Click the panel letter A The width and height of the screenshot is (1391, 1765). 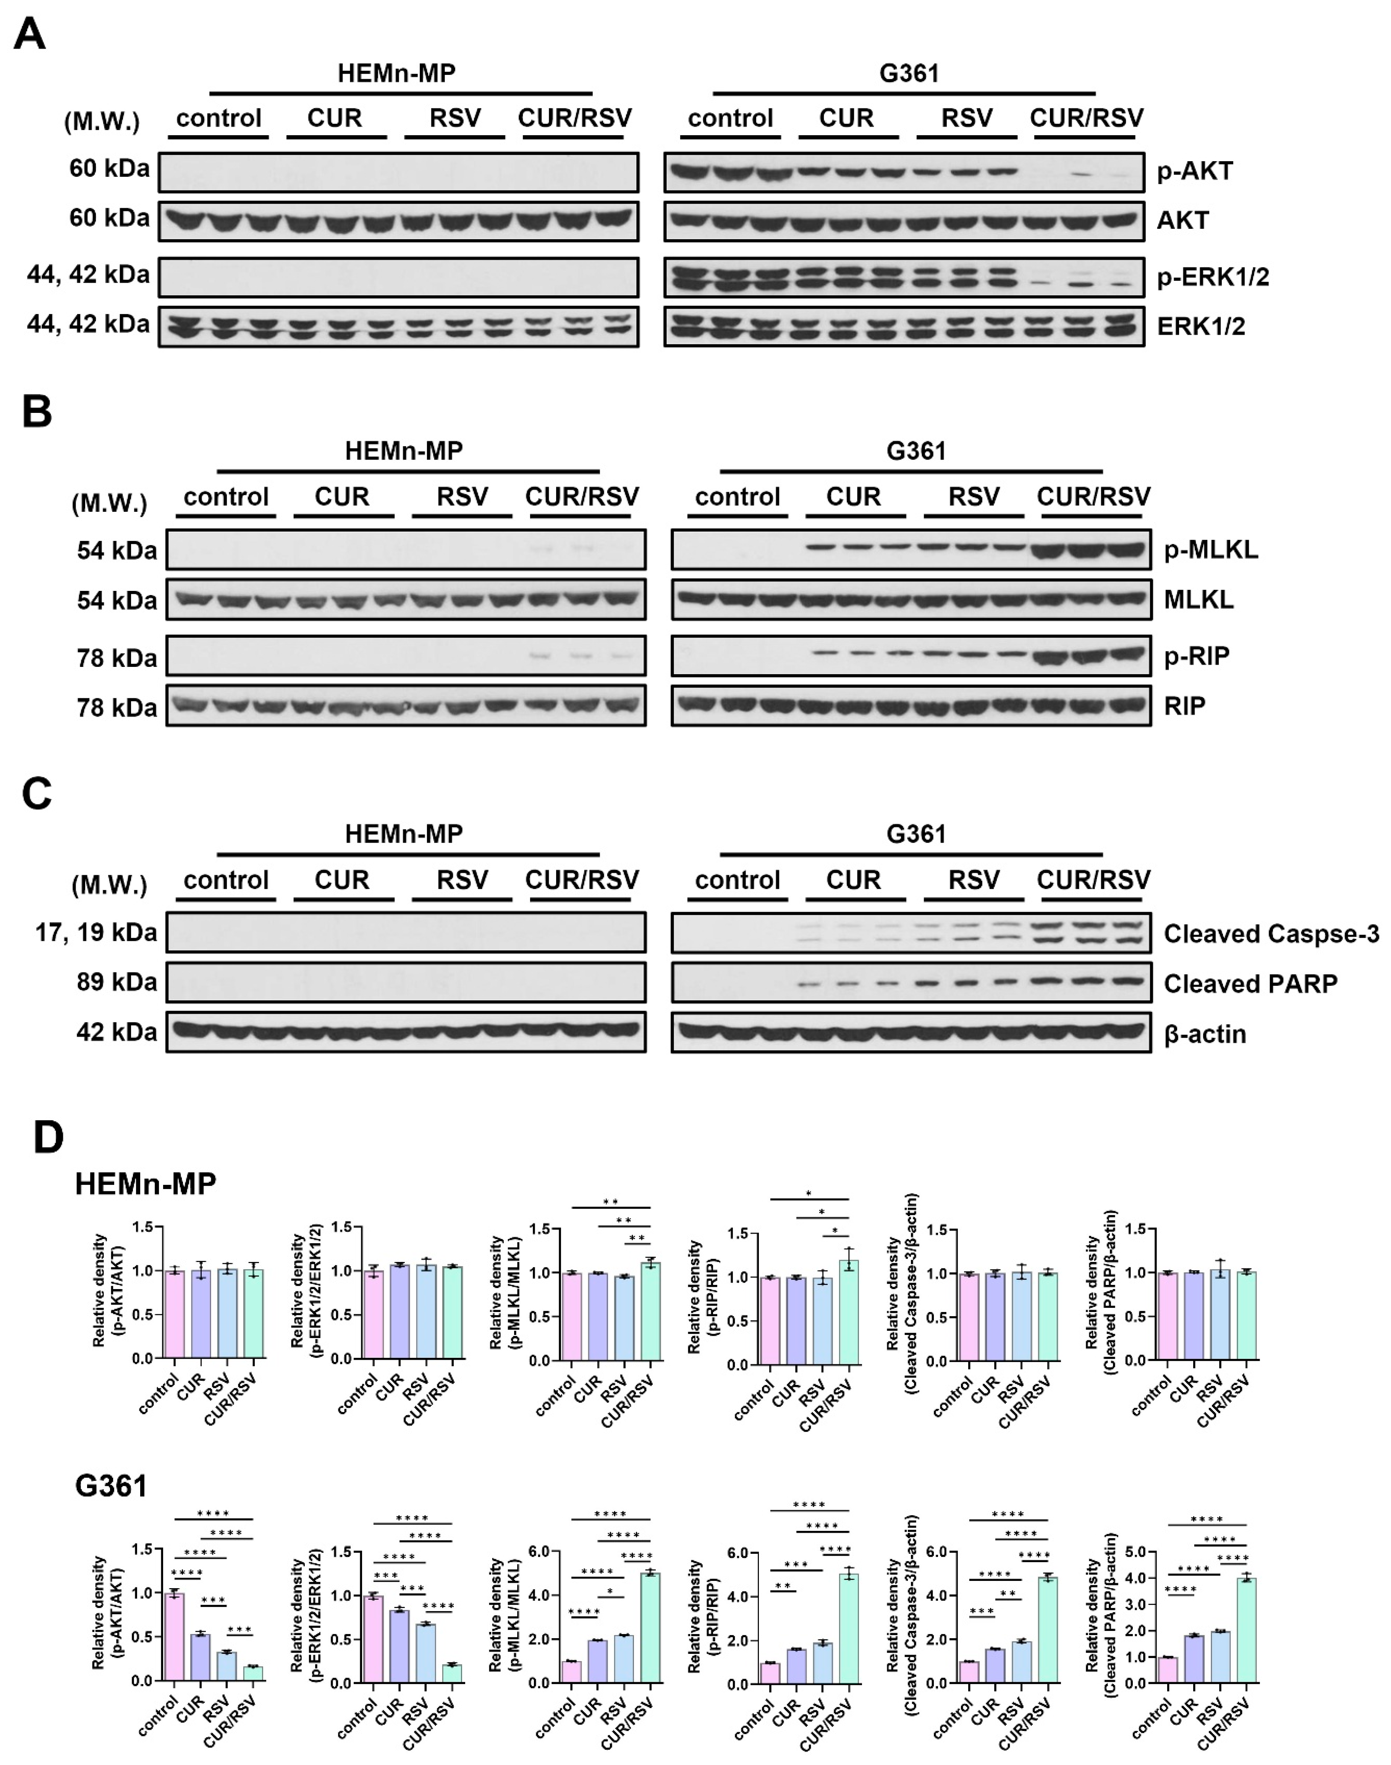pyautogui.click(x=30, y=34)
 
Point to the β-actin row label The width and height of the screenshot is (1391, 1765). pyautogui.click(x=1205, y=1034)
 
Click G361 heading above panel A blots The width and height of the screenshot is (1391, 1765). pyautogui.click(x=909, y=73)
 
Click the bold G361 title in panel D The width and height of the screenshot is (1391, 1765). pyautogui.click(x=111, y=1486)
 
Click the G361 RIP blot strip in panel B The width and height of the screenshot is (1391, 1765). pyautogui.click(x=911, y=705)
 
